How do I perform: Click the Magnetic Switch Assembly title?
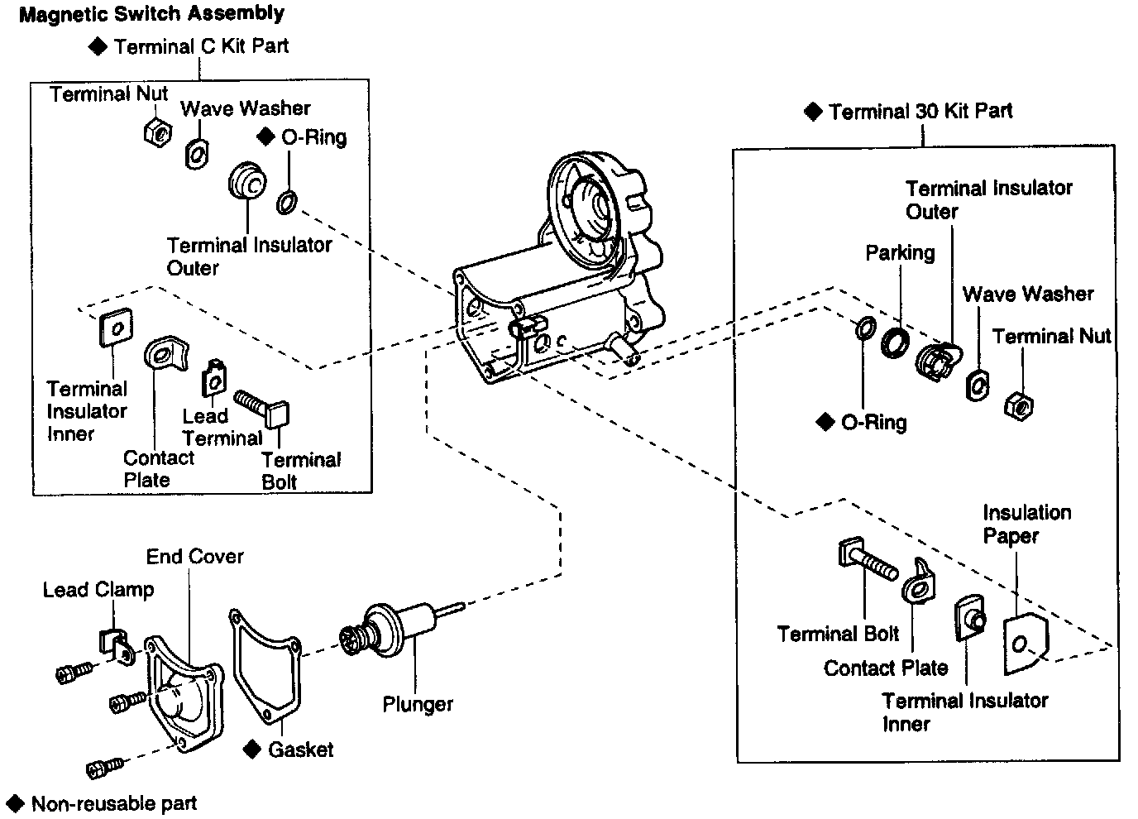click(151, 14)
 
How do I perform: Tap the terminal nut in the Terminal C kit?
click(157, 131)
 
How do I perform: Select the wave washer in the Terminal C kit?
click(197, 154)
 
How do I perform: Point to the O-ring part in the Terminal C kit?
click(287, 201)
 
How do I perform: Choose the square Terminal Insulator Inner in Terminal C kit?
click(115, 328)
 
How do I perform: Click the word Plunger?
click(418, 705)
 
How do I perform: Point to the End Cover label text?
click(195, 557)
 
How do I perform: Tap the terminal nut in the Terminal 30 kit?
click(1018, 405)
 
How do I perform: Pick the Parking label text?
click(900, 253)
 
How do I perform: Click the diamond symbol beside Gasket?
click(253, 750)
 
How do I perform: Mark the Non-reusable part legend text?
click(114, 803)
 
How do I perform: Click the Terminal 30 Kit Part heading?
click(920, 112)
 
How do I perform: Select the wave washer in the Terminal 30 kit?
click(977, 385)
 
